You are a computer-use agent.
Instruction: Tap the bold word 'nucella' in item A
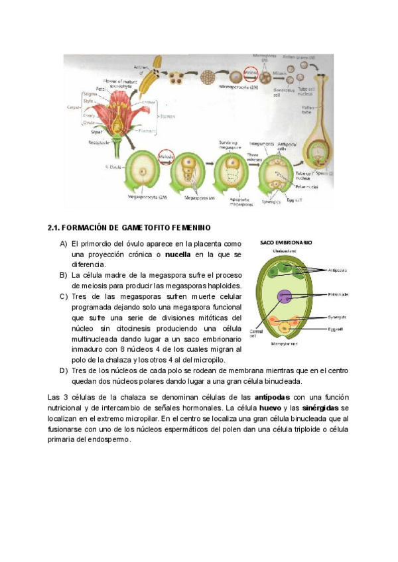tap(177, 254)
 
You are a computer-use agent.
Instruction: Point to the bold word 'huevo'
tap(270, 408)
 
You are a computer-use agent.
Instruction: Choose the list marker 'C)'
tap(64, 296)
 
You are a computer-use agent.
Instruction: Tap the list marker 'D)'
tap(64, 370)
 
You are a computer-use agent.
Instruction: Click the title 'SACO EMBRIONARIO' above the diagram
tap(287, 243)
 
